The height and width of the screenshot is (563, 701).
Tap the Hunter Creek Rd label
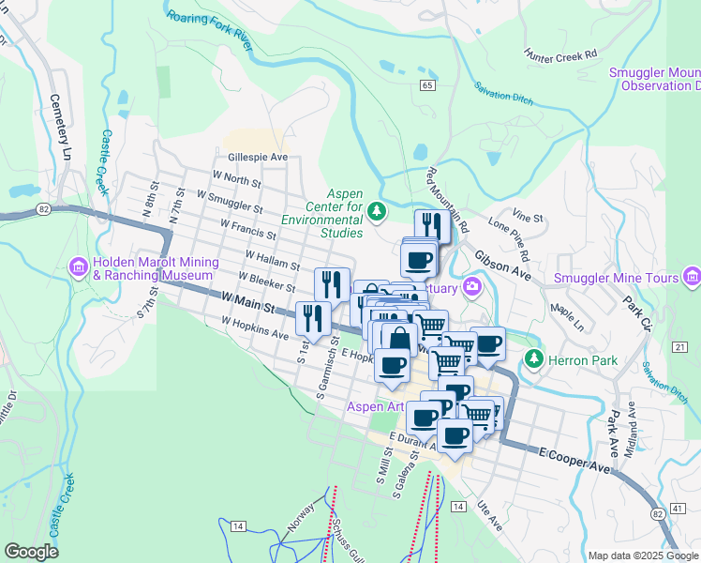point(560,55)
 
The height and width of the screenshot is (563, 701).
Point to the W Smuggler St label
point(229,200)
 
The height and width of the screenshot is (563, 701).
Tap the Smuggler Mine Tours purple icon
point(692,277)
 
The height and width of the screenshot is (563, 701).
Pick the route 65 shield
point(427,85)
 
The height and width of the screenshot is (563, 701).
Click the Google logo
point(31,552)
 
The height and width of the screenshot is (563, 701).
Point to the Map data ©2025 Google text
point(642,555)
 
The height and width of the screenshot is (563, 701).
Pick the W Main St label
point(247,302)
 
